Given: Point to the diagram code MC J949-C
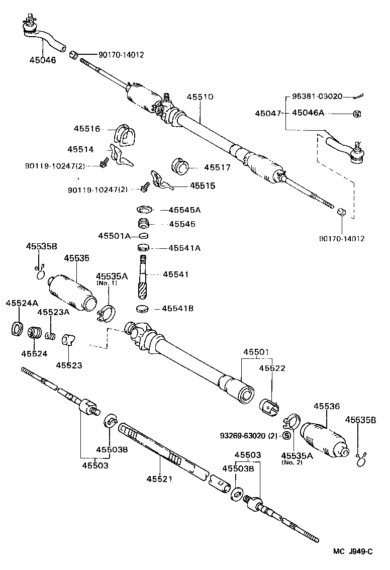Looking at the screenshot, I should point(352,551).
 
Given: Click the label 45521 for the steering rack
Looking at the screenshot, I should point(159,479).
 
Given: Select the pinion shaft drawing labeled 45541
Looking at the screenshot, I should point(143,276).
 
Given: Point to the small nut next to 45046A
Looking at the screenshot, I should point(357,114).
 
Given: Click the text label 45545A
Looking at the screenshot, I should point(184,210).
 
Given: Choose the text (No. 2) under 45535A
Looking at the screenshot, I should point(292,462).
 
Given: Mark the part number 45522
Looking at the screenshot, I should point(272,368).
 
